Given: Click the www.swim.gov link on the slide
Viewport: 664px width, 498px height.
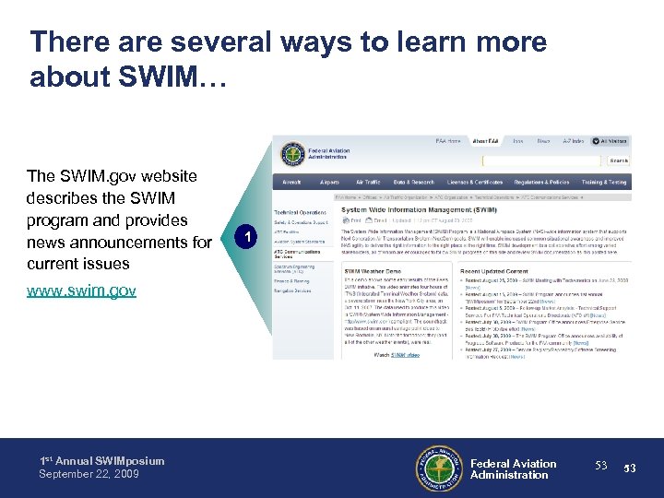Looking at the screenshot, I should (x=82, y=291).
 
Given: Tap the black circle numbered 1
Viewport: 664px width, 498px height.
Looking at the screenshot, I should (x=243, y=239).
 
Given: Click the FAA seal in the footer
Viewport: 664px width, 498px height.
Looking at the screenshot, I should (x=442, y=468).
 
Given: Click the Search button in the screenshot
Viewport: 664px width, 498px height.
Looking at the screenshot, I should (x=618, y=160).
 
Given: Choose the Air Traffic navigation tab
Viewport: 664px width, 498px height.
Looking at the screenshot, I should (x=368, y=183).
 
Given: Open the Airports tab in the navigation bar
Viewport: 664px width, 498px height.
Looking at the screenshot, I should (x=329, y=183).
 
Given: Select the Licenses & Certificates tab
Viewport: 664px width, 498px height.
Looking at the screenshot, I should (x=474, y=183).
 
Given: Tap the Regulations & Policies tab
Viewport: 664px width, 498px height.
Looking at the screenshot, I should (x=542, y=183).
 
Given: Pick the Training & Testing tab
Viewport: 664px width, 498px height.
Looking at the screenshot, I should (x=604, y=183).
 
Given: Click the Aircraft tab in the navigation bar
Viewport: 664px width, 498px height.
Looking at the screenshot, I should (x=290, y=183).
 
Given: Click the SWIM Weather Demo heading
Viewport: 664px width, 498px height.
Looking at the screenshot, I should (x=373, y=270).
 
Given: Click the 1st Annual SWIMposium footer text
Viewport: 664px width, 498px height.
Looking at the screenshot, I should (x=101, y=461).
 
